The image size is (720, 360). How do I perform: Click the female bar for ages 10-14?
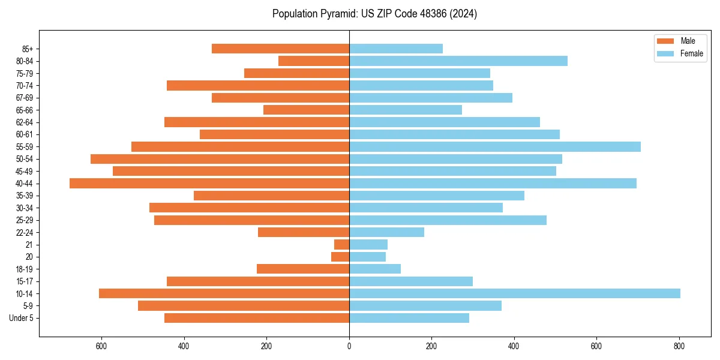(x=514, y=293)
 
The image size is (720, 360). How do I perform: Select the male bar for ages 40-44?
(x=209, y=183)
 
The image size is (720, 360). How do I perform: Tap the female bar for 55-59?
(x=494, y=146)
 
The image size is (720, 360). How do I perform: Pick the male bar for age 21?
(x=342, y=244)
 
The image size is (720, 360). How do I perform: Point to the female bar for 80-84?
(x=458, y=61)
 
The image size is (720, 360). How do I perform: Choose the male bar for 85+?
(x=280, y=49)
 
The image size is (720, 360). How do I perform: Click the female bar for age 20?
(x=367, y=257)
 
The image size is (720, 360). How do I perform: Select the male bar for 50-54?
(x=220, y=159)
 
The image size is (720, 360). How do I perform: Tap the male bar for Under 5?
(x=257, y=318)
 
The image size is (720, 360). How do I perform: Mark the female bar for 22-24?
(x=386, y=232)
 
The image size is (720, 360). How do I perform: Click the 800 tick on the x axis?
(x=679, y=347)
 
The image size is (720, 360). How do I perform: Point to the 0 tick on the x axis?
(x=349, y=347)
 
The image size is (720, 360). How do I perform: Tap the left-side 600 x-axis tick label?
(x=101, y=347)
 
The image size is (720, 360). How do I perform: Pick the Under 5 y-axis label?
(x=22, y=318)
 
